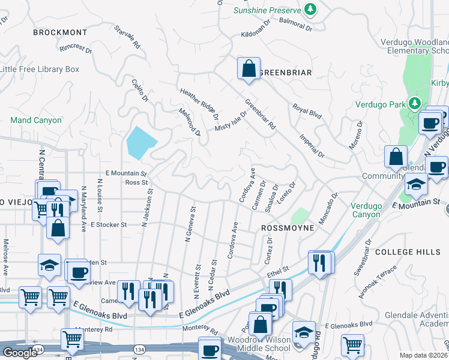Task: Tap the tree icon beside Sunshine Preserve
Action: click(x=310, y=10)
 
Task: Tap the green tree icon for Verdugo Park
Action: click(x=414, y=104)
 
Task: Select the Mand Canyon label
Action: click(x=36, y=120)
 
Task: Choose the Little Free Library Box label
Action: click(x=40, y=69)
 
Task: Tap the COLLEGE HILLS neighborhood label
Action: click(x=403, y=253)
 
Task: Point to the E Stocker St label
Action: click(x=109, y=224)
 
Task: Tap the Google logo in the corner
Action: click(x=20, y=353)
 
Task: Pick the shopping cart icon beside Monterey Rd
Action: click(x=72, y=339)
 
